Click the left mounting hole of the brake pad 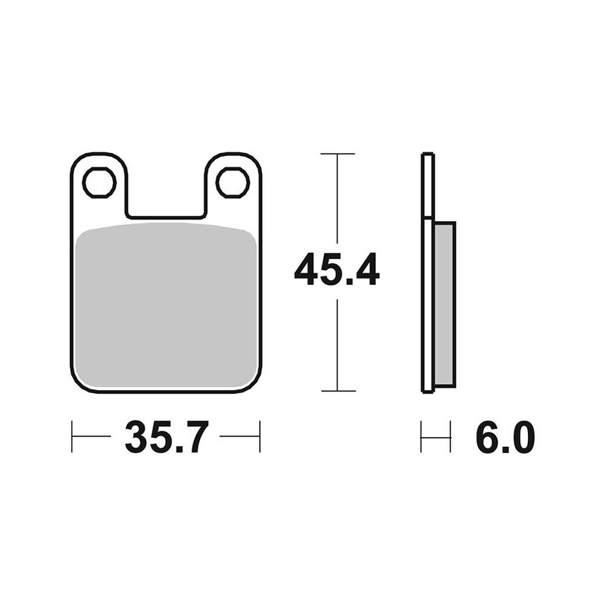point(99,182)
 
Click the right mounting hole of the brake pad point(233,182)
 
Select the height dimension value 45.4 point(337,270)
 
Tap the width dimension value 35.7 point(166,437)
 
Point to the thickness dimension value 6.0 point(505,437)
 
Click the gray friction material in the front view point(166,307)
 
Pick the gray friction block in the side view point(445,303)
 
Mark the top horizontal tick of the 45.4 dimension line point(337,154)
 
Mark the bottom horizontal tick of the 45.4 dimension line point(337,391)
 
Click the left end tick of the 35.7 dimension point(72,437)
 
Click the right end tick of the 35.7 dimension point(260,437)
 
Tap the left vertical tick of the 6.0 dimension point(421,437)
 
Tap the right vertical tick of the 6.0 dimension point(451,437)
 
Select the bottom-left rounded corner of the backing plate point(80,383)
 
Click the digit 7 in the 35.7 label point(192,437)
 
